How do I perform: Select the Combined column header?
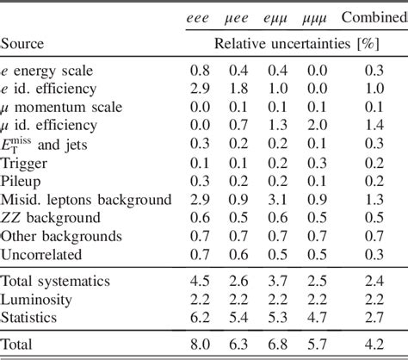[x=374, y=17]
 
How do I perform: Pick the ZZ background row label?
[x=51, y=218]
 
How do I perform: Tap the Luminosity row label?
[x=37, y=299]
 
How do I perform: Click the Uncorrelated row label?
[x=42, y=255]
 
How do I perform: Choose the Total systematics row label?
[x=57, y=280]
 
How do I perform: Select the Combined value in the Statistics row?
[x=374, y=318]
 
